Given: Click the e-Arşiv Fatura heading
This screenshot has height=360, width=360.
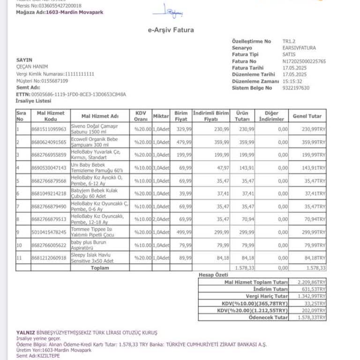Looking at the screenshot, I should (x=171, y=30).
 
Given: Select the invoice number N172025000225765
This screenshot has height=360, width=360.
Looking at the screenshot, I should (x=304, y=61).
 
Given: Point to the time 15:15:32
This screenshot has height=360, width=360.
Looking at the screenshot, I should (x=292, y=81).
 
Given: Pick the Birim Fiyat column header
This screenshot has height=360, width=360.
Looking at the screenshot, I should (x=181, y=116).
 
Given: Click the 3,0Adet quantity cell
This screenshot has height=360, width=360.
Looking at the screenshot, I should (x=161, y=167).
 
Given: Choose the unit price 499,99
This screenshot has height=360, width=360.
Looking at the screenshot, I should (x=183, y=232).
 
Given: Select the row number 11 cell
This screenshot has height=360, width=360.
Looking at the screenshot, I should (x=20, y=257).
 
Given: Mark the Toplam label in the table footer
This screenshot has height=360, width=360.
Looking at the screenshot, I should (x=100, y=268).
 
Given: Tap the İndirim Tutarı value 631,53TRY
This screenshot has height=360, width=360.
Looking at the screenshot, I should (x=312, y=289).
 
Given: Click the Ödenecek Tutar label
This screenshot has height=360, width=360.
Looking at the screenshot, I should (x=268, y=317).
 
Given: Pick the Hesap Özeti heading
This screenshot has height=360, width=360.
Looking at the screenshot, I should (x=213, y=275).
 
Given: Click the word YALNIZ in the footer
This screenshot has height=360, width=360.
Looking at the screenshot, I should (x=26, y=332).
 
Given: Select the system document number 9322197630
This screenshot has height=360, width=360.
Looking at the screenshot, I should (x=296, y=88).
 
